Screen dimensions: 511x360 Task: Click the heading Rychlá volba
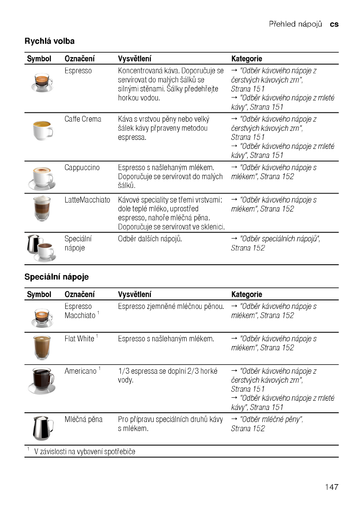point(49,41)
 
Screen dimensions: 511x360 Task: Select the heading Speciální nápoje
point(56,277)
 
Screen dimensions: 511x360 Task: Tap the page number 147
point(331,487)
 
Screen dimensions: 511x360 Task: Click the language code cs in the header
point(334,24)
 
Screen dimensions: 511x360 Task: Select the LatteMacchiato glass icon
point(42,209)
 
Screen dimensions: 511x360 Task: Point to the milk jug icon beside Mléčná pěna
point(42,428)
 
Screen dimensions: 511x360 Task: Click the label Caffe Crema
point(83,119)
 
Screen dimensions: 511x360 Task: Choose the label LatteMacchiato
point(87,200)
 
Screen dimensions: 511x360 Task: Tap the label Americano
point(81,371)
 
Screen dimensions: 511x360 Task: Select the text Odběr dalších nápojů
point(150,239)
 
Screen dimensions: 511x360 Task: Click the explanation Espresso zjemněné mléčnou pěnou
point(171,306)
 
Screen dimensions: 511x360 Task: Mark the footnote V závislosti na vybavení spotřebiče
point(85,451)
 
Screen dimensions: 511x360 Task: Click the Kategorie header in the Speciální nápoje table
point(246,294)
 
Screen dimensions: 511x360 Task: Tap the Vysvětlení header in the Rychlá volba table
point(134,58)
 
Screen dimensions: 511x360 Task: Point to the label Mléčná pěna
point(83,419)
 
